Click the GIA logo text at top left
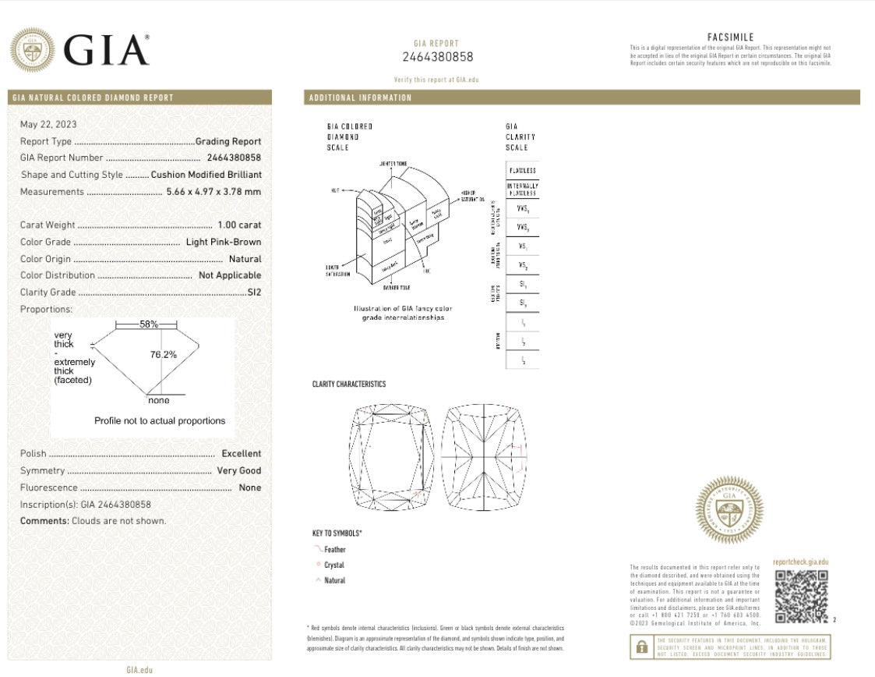[x=106, y=51]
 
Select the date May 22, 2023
[x=48, y=124]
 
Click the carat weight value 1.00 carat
[x=239, y=225]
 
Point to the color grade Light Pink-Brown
[x=224, y=242]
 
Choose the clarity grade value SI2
[x=254, y=292]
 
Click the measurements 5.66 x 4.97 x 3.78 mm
[x=213, y=192]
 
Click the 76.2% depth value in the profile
[x=163, y=355]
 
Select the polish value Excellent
[x=241, y=454]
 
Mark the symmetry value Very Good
[x=238, y=471]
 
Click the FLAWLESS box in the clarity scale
[x=522, y=171]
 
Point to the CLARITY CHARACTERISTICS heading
[x=348, y=385]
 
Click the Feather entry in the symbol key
[x=335, y=550]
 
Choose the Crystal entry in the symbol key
[x=333, y=565]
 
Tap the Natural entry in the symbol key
[x=334, y=581]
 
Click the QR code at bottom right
[x=801, y=597]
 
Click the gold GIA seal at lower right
[x=729, y=510]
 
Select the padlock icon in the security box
[x=641, y=647]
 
